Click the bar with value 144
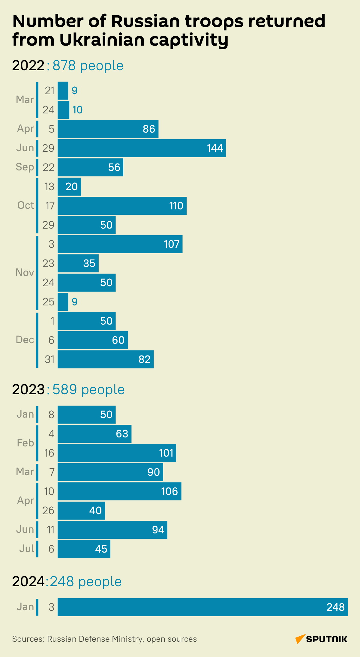pyautogui.click(x=142, y=148)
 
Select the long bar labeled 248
pyautogui.click(x=203, y=607)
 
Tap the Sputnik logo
pyautogui.click(x=321, y=639)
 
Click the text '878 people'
pyautogui.click(x=88, y=66)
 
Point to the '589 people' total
pyautogui.click(x=88, y=390)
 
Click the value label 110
pyautogui.click(x=176, y=206)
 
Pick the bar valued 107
pyautogui.click(x=120, y=244)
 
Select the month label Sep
pyautogui.click(x=25, y=167)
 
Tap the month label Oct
pyautogui.click(x=26, y=205)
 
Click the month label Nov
pyautogui.click(x=25, y=273)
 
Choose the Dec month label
pyautogui.click(x=25, y=340)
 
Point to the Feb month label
pyautogui.click(x=25, y=443)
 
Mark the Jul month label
pyautogui.click(x=27, y=549)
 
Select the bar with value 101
pyautogui.click(x=117, y=453)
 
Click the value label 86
pyautogui.click(x=149, y=129)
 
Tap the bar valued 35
pyautogui.click(x=78, y=263)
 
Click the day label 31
pyautogui.click(x=49, y=359)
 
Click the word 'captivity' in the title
pyautogui.click(x=189, y=40)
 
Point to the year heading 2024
pyautogui.click(x=28, y=582)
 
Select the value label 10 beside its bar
pyautogui.click(x=77, y=110)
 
